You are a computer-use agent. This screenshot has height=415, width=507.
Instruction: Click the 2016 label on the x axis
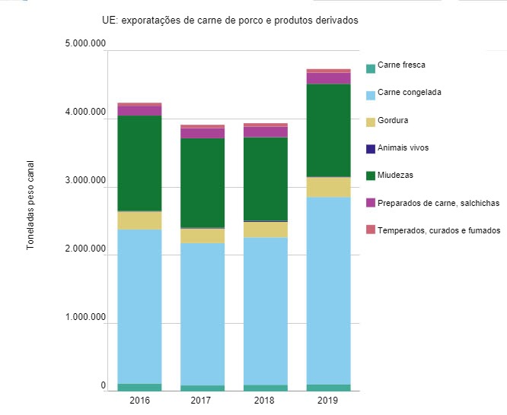[139, 401]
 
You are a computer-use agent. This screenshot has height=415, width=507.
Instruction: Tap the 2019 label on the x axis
[328, 401]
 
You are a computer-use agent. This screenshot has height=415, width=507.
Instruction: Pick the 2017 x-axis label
[202, 401]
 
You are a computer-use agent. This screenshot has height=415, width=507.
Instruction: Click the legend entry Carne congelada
[410, 93]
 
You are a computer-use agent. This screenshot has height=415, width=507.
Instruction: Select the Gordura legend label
[394, 120]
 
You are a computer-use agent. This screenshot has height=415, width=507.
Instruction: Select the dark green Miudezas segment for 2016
[139, 163]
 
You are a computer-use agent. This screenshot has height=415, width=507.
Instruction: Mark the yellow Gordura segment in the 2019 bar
[328, 187]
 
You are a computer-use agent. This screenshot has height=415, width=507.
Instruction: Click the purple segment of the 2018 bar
[265, 131]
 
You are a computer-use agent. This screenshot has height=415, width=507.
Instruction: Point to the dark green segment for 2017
[202, 182]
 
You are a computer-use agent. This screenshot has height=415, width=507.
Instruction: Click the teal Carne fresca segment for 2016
[139, 387]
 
